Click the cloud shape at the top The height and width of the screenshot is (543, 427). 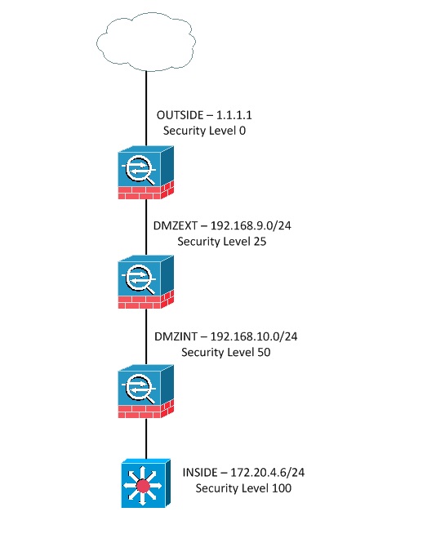click(147, 38)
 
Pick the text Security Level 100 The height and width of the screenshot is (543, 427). click(244, 488)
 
